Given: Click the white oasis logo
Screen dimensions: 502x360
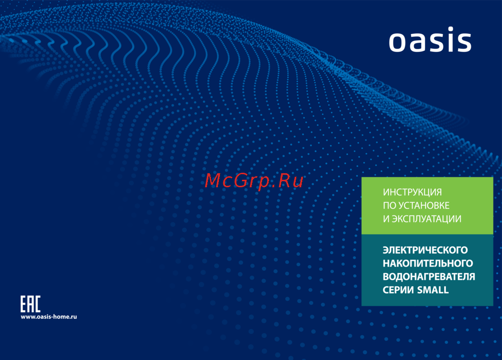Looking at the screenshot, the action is point(430,39).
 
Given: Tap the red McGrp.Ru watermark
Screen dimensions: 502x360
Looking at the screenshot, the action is point(254,181).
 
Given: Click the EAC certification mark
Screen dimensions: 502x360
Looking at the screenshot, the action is point(31,304).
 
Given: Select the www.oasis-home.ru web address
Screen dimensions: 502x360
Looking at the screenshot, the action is point(49,317).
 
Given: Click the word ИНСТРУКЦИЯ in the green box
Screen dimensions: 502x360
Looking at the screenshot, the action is point(412,192).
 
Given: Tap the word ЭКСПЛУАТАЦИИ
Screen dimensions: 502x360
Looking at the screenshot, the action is point(426,219).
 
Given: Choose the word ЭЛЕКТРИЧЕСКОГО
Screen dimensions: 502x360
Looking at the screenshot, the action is point(425,250).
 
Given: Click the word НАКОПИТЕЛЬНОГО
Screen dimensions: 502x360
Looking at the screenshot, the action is point(428,263).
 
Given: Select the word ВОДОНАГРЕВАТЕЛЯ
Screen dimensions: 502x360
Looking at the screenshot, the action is point(429,277).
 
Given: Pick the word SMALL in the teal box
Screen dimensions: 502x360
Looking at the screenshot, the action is point(433,290).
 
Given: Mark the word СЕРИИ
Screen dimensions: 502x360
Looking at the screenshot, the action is point(399,290).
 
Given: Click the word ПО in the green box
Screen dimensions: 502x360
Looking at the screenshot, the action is point(390,205).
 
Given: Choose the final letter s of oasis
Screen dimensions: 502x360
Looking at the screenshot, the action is point(463,42).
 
